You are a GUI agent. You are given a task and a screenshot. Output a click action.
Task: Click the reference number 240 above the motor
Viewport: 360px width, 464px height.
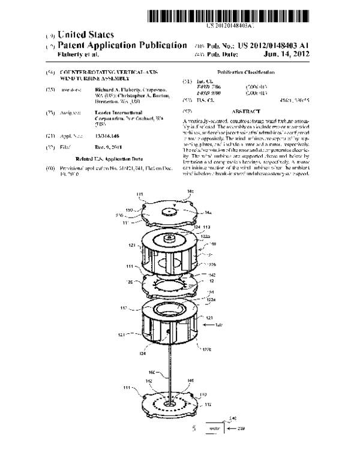point(233,418)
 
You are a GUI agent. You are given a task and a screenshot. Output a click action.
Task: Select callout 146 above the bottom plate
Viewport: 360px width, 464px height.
point(191,380)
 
